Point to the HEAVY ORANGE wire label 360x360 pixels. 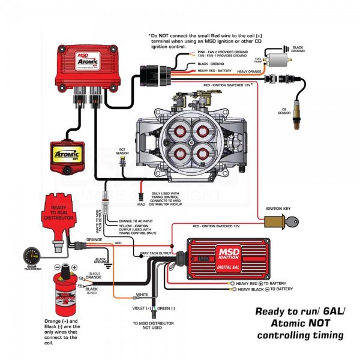(x=250, y=71)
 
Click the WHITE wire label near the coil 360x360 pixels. (x=142, y=295)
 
